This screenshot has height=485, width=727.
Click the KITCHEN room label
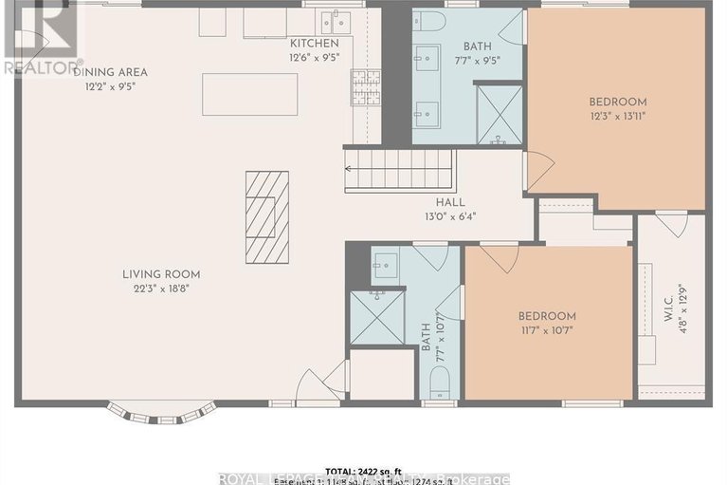pos(314,44)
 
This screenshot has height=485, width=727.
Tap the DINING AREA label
pos(115,72)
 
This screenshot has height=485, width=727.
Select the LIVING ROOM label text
pos(161,274)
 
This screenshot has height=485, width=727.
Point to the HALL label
pos(450,201)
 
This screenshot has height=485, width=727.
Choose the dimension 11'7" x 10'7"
pos(546,331)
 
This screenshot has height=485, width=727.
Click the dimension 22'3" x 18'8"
pos(161,289)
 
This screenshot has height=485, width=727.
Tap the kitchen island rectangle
pos(249,94)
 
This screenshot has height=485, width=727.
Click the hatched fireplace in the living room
pos(266,216)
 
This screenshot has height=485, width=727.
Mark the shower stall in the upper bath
pos(499,114)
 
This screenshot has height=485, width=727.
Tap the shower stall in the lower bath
pos(376,317)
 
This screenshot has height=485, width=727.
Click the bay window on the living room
pos(161,411)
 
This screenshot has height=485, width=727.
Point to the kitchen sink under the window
pos(334,21)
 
